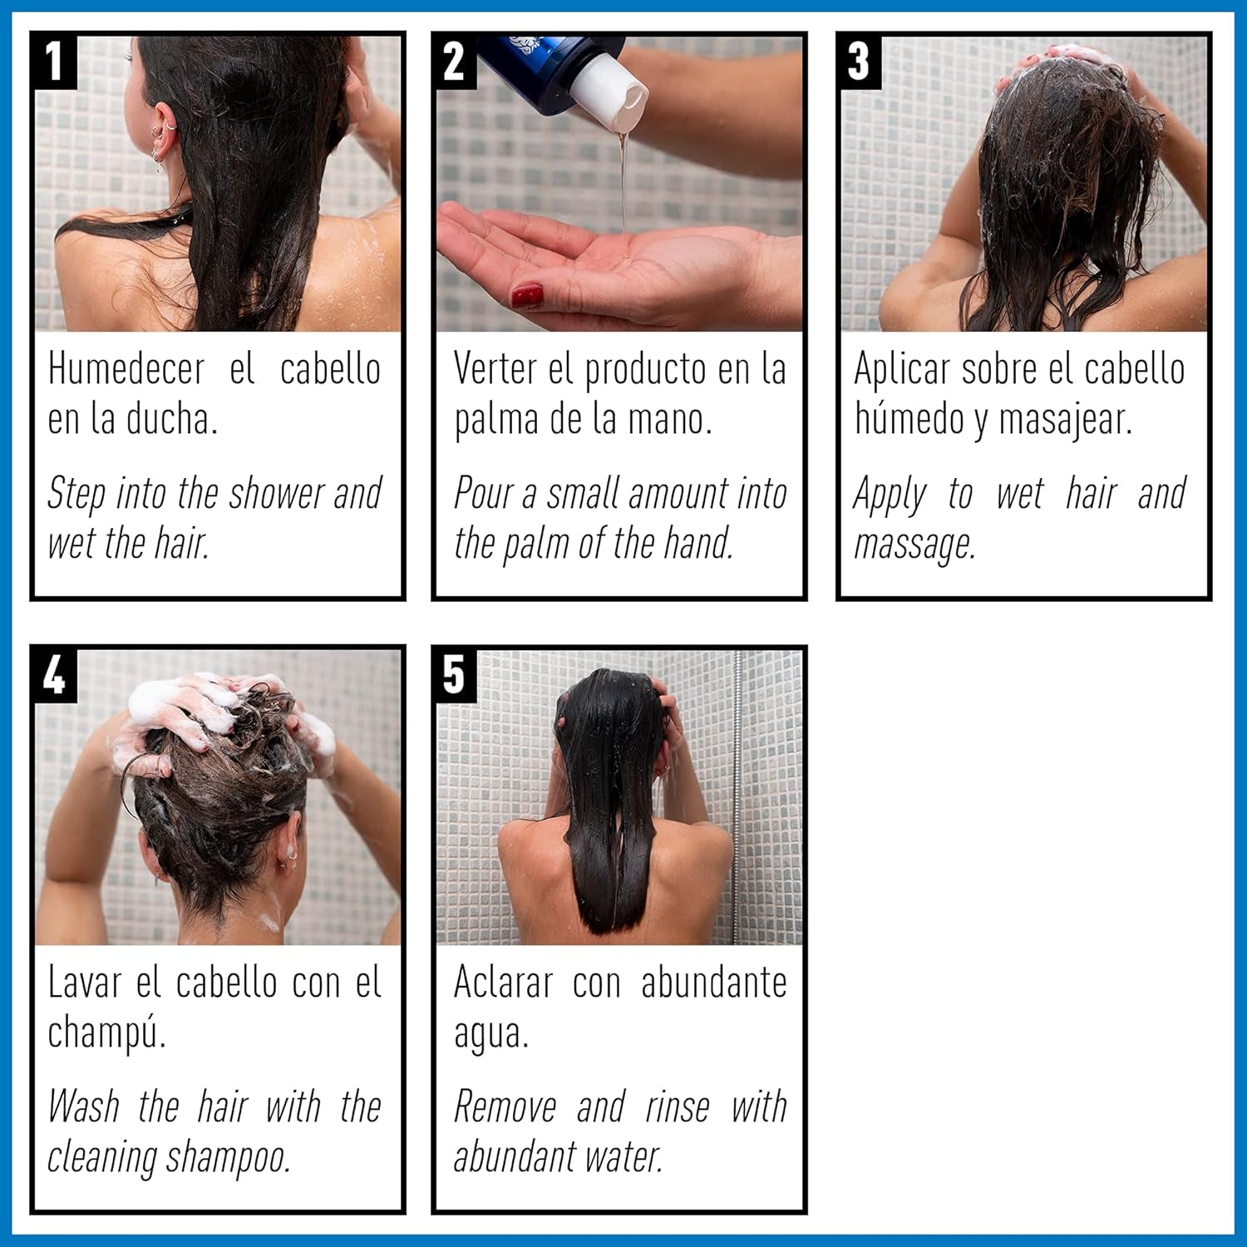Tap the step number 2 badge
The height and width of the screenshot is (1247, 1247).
(x=454, y=61)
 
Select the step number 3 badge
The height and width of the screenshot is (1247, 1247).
(x=858, y=61)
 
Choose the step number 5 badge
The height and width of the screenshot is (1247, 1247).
(x=454, y=674)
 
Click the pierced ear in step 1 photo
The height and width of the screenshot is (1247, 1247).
(x=164, y=133)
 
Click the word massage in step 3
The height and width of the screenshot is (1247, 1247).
(x=914, y=545)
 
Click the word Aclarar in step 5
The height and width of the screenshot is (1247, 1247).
(x=503, y=983)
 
